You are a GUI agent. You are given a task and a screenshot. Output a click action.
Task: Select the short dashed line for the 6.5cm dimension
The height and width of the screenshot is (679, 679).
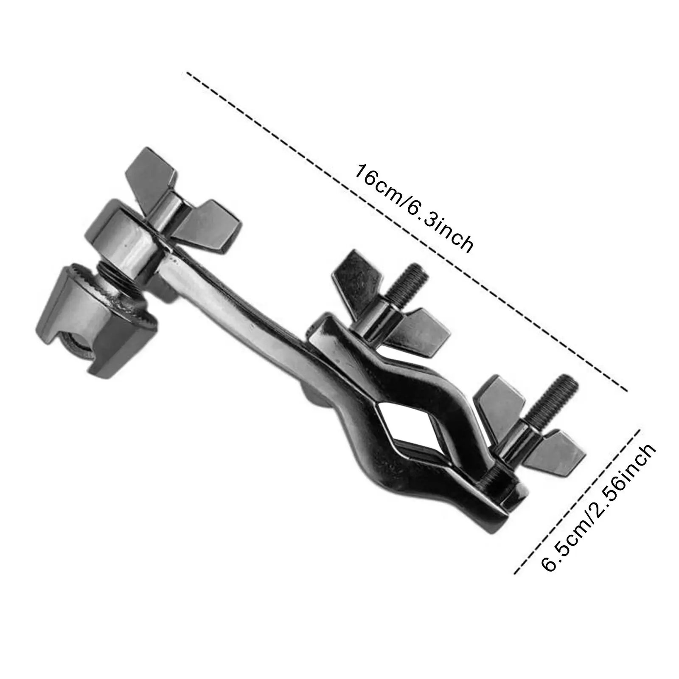(577, 501)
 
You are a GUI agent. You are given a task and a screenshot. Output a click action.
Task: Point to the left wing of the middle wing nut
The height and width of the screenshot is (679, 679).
(350, 276)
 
